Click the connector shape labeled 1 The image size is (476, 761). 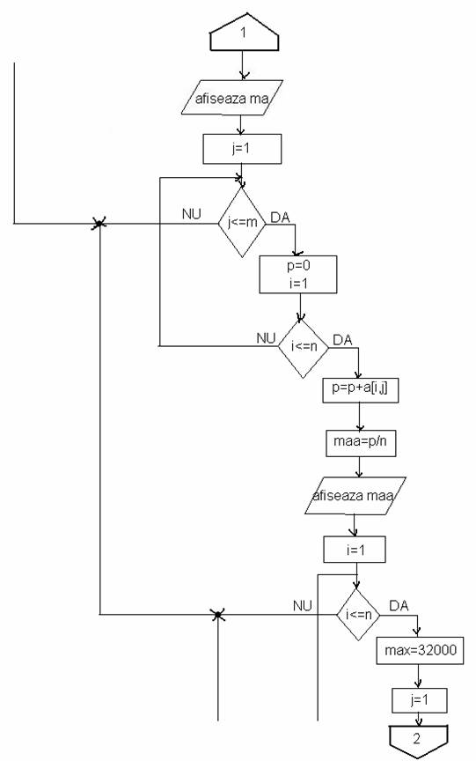(x=245, y=32)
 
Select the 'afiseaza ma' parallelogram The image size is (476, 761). (x=231, y=98)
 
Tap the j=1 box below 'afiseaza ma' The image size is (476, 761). (x=242, y=149)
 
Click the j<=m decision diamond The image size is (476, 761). (x=242, y=222)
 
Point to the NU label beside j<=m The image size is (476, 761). (x=192, y=214)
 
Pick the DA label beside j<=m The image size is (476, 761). (x=280, y=218)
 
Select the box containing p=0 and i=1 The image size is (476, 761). (x=298, y=275)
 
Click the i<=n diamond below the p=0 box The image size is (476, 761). (x=304, y=346)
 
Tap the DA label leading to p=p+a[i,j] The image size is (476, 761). (x=342, y=340)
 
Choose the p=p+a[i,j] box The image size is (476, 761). (x=361, y=389)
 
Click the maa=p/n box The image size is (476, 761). (x=361, y=443)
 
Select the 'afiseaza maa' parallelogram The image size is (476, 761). (x=355, y=496)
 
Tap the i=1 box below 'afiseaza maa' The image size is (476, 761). (x=355, y=550)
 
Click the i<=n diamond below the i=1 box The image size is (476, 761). (x=358, y=615)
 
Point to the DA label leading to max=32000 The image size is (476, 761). (x=399, y=606)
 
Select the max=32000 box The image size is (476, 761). (x=421, y=650)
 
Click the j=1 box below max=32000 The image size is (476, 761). (x=420, y=700)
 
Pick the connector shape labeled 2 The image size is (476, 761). (x=418, y=741)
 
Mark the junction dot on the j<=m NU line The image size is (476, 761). (x=99, y=224)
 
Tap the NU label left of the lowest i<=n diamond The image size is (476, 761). (x=303, y=606)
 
